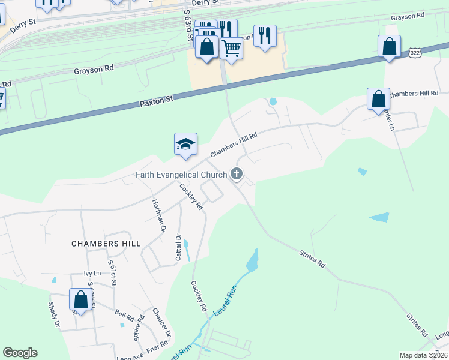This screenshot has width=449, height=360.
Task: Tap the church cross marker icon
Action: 237,175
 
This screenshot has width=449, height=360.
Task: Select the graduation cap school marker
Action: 185,145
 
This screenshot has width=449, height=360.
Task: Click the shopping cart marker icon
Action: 231,48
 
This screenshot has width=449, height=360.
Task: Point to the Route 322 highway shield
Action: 415,53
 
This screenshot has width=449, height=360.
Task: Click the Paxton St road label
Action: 157,100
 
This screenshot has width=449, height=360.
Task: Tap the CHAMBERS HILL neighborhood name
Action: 106,244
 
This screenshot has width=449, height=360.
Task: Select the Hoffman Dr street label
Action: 158,215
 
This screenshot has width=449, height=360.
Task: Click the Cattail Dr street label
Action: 178,247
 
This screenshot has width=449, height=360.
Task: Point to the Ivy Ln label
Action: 92,273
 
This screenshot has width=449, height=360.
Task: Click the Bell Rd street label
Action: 124,314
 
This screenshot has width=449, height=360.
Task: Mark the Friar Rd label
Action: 157,346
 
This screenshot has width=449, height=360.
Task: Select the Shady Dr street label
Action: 54,314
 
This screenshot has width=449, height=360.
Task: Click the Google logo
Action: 20,353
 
